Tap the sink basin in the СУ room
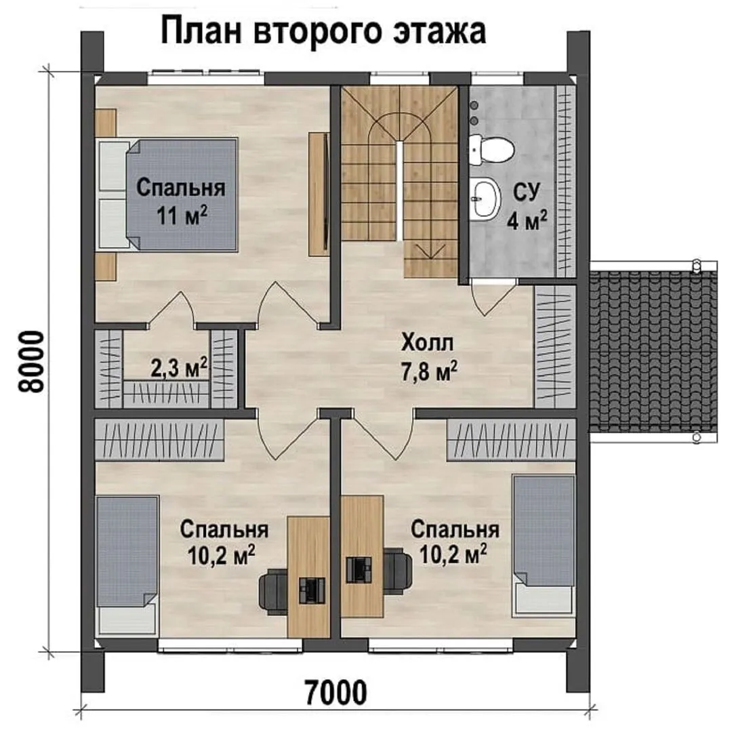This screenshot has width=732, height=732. click(485, 199)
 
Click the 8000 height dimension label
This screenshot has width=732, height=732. click(31, 362)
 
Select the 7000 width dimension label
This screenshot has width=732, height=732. click(335, 693)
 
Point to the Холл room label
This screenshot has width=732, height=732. click(427, 343)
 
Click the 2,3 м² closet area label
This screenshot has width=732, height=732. click(179, 367)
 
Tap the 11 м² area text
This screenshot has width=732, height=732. click(182, 216)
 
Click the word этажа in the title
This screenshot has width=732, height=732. click(439, 32)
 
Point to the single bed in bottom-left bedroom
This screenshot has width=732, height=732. click(127, 565)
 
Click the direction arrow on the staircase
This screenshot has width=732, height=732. click(431, 252)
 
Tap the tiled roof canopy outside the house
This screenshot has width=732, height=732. click(653, 350)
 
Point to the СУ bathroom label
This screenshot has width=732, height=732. click(527, 192)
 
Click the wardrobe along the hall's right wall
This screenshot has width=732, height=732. click(554, 346)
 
